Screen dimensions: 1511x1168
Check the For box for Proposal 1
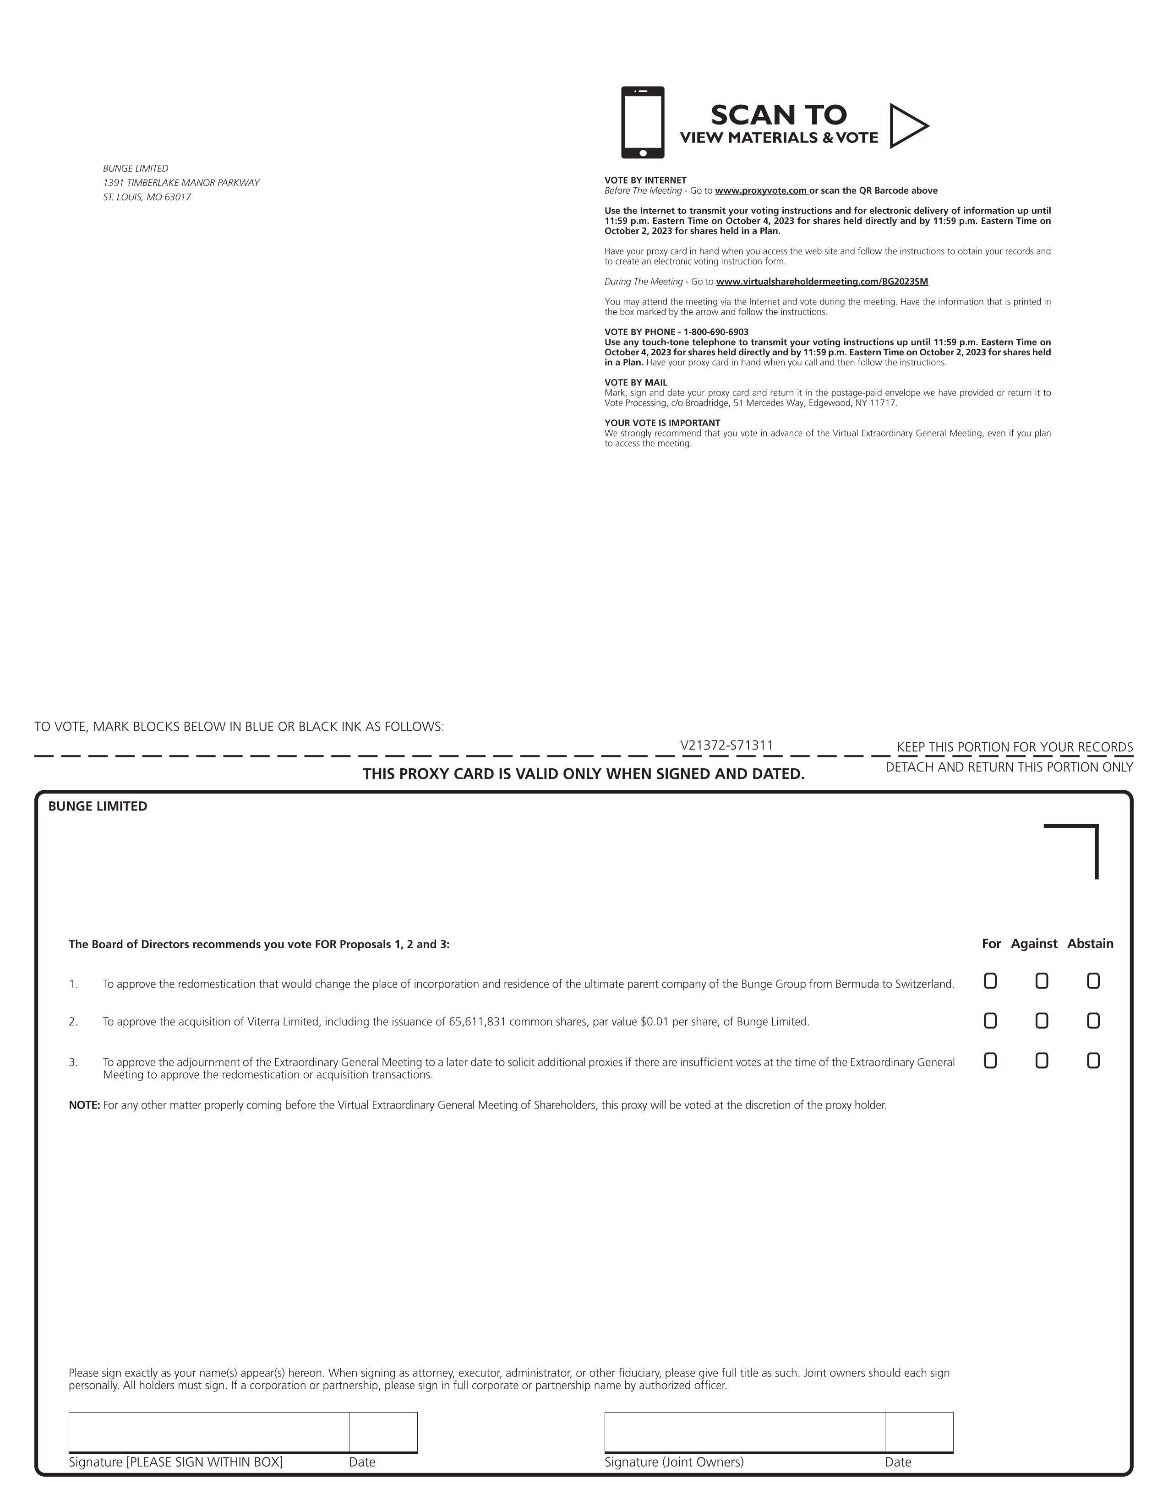point(990,981)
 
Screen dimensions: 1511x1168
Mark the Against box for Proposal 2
point(1042,1021)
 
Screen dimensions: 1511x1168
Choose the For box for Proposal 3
point(990,1060)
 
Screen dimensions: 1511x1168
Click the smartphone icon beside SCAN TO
point(642,122)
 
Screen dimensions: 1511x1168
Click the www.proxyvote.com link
point(761,191)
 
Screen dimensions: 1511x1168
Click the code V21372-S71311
point(726,745)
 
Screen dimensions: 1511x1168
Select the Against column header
point(1034,944)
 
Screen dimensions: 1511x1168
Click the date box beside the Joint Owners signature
point(918,1431)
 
